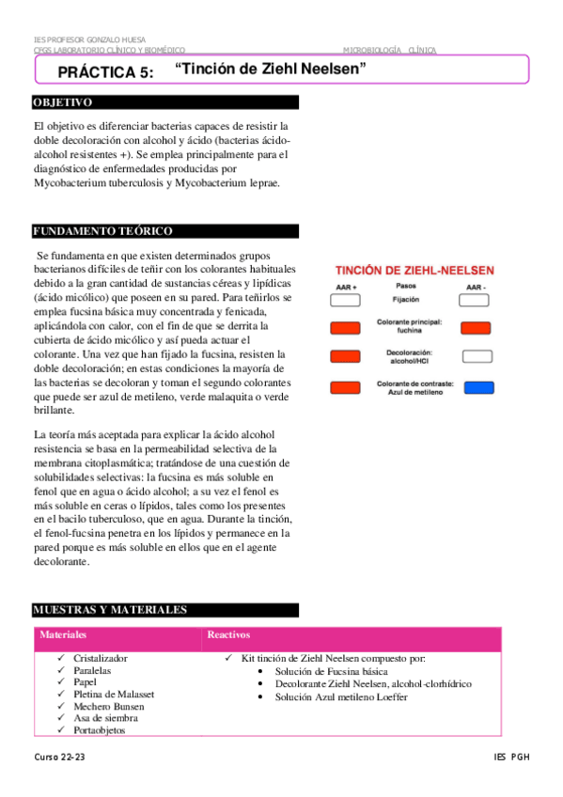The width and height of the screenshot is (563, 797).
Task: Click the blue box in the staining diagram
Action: (478, 387)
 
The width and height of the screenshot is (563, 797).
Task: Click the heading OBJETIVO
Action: (62, 102)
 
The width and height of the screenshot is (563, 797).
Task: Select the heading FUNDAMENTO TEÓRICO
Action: (102, 231)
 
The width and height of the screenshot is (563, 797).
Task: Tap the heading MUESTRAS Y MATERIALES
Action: (110, 610)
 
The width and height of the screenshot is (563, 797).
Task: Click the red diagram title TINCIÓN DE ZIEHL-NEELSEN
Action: (414, 270)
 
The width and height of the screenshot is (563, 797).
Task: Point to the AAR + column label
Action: (346, 287)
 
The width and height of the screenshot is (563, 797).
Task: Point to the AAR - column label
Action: (476, 287)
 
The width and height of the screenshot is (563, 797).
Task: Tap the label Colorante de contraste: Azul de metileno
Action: (414, 387)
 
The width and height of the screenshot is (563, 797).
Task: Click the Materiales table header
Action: (63, 635)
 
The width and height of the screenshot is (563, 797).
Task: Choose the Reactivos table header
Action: (228, 635)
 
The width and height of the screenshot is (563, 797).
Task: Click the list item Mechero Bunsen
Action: (109, 706)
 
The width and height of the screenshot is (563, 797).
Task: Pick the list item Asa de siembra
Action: (106, 718)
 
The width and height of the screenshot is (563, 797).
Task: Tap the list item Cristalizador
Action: (101, 659)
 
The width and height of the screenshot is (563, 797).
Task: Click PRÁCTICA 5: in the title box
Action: (105, 71)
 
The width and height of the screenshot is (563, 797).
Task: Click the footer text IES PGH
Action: (511, 757)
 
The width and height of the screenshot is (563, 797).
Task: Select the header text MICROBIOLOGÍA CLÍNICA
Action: (383, 49)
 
